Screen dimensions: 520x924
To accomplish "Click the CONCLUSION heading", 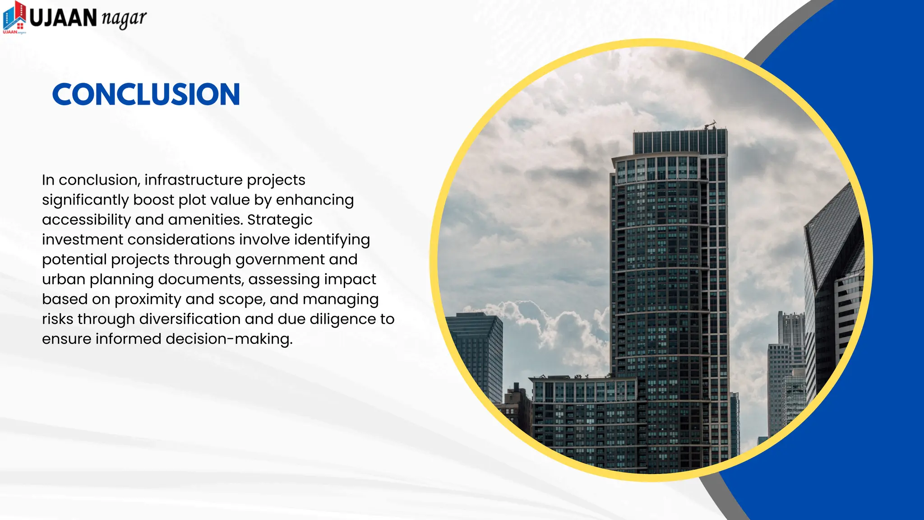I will [146, 94].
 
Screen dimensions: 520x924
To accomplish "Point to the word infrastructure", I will [194, 180].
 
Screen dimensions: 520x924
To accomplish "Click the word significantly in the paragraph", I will [85, 200].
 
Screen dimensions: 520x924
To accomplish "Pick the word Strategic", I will [280, 219].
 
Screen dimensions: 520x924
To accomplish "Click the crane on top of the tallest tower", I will [711, 124].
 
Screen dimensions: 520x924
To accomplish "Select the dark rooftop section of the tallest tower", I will [680, 141].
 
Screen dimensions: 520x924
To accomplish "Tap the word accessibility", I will [86, 220].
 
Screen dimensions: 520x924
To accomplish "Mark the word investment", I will [83, 240].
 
